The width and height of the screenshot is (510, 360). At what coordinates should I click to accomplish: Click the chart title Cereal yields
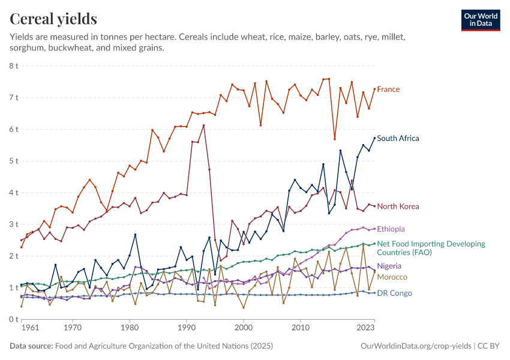tap(53, 19)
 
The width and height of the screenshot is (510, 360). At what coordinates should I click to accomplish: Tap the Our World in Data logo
tap(481, 20)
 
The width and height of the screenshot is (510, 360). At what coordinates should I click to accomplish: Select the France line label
tap(388, 89)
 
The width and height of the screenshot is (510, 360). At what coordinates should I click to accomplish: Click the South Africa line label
tap(398, 139)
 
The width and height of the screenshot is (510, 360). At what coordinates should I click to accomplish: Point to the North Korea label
tap(398, 206)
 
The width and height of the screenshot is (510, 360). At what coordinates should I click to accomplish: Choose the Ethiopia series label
tap(391, 229)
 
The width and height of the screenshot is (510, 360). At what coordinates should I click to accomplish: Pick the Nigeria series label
tap(389, 266)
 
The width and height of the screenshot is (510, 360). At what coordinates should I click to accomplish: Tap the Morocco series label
tap(392, 277)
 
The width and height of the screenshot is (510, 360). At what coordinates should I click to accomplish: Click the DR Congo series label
tap(394, 293)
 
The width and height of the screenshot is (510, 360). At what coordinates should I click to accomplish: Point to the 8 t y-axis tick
tap(13, 65)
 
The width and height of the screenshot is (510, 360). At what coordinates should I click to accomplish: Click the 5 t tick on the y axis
tap(13, 161)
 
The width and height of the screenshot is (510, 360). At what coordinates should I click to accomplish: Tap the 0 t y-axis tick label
tap(13, 319)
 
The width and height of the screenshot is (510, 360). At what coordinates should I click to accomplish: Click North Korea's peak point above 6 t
tap(204, 125)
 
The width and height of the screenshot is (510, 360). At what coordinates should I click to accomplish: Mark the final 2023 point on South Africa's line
tap(374, 138)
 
